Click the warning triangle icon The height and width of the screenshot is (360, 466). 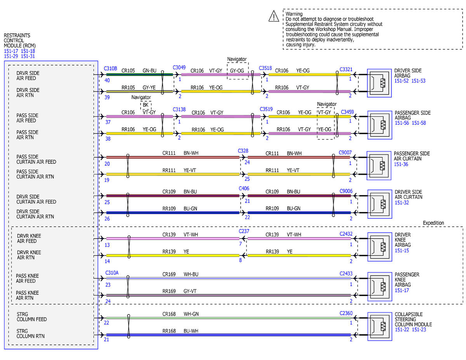pyautogui.click(x=274, y=16)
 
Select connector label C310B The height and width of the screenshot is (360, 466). pyautogui.click(x=110, y=68)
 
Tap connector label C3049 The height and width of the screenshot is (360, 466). pyautogui.click(x=179, y=68)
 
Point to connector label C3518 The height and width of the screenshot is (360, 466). pyautogui.click(x=265, y=68)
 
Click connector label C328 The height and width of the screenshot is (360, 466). pyautogui.click(x=243, y=151)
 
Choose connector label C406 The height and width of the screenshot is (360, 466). pyautogui.click(x=244, y=188)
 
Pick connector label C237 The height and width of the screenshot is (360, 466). pyautogui.click(x=244, y=231)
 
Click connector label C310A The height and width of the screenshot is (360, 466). pyautogui.click(x=112, y=273)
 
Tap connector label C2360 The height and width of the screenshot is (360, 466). pyautogui.click(x=346, y=313)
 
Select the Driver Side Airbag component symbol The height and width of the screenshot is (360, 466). pyautogui.click(x=379, y=83)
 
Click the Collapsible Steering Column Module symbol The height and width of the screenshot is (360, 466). pyautogui.click(x=379, y=326)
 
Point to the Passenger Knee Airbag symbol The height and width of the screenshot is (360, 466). pyautogui.click(x=379, y=287)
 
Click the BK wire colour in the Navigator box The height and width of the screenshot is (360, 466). pyautogui.click(x=145, y=105)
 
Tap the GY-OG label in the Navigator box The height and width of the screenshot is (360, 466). pyautogui.click(x=237, y=71)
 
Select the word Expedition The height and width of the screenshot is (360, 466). pyautogui.click(x=433, y=223)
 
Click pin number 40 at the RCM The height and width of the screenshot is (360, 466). pyautogui.click(x=107, y=80)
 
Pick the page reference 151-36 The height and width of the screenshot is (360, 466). pyautogui.click(x=401, y=164)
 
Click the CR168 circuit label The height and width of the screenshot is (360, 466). pyautogui.click(x=169, y=314)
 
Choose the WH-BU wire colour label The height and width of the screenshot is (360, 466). pyautogui.click(x=191, y=274)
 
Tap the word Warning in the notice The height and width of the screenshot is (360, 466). pyautogui.click(x=294, y=14)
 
